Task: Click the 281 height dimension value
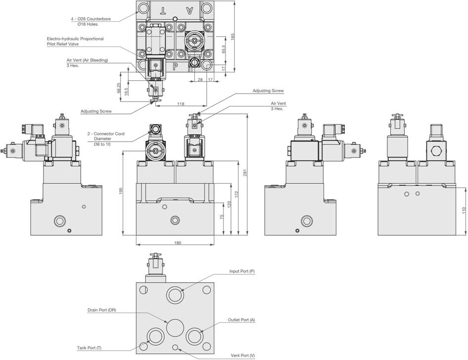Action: coord(244,173)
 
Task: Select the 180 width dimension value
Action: coord(178,243)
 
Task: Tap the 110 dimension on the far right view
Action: coord(464,210)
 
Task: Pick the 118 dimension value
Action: coord(181,104)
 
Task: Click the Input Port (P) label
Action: coord(242,271)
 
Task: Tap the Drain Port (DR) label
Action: coord(102,310)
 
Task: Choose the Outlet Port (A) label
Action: coord(241,320)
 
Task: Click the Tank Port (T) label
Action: coord(89,347)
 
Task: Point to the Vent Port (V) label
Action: coord(243,356)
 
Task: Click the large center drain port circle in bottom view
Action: coord(176,327)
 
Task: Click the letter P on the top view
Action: coord(176,65)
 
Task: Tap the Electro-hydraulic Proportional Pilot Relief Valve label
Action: coord(75,41)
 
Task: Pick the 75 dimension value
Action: coord(222,216)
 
